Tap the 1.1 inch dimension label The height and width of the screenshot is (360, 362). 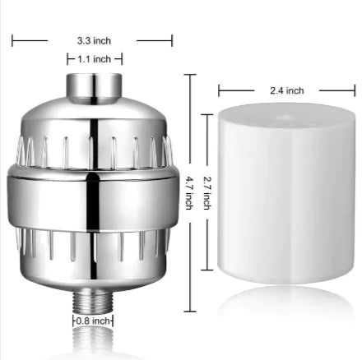[x=94, y=59]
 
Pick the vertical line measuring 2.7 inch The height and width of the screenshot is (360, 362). [x=211, y=247]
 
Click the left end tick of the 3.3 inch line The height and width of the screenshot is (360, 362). [x=12, y=38]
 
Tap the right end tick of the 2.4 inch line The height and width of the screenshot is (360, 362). [x=342, y=90]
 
